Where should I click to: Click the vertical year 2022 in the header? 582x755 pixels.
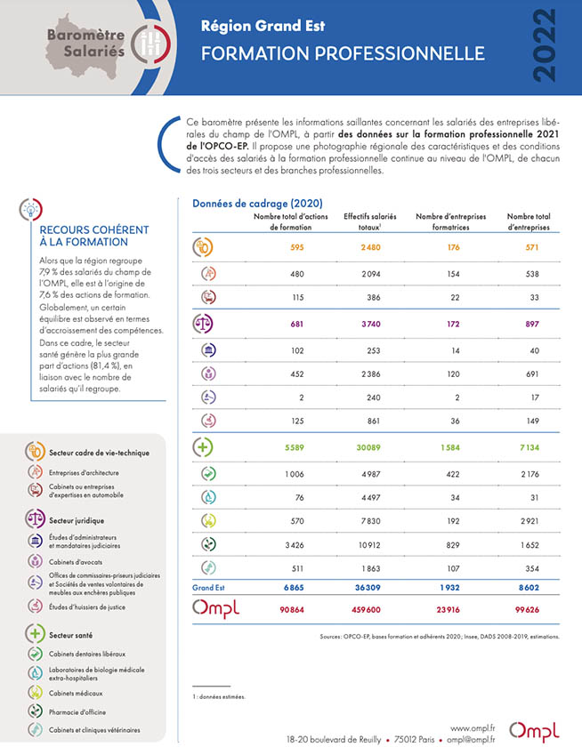click(x=545, y=45)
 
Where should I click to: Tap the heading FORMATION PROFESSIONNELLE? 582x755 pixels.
click(x=343, y=53)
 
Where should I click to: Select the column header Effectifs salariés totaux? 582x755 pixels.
click(x=370, y=221)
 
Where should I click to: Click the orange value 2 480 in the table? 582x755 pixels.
click(x=370, y=247)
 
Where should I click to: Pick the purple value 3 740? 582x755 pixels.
click(x=371, y=324)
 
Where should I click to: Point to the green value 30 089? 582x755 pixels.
click(x=368, y=447)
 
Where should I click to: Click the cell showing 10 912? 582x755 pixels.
click(x=369, y=545)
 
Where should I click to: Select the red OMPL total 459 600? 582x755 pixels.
click(x=366, y=609)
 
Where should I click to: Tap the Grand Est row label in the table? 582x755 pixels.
click(x=208, y=588)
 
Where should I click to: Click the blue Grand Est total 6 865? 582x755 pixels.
click(x=294, y=588)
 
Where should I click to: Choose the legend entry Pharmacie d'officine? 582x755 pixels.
click(x=77, y=712)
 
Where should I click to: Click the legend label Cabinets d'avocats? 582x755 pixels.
click(x=76, y=562)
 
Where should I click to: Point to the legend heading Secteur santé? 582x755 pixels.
click(x=71, y=635)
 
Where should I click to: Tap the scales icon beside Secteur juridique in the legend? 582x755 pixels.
click(x=36, y=518)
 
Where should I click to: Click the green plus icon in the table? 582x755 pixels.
click(x=202, y=446)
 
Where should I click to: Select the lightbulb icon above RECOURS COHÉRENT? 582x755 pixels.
click(x=31, y=210)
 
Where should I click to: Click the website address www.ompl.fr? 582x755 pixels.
click(x=473, y=728)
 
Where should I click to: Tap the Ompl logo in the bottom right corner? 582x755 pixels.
click(x=534, y=732)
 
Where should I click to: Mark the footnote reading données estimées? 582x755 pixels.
click(x=219, y=696)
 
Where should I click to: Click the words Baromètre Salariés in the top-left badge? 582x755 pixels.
click(x=86, y=43)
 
